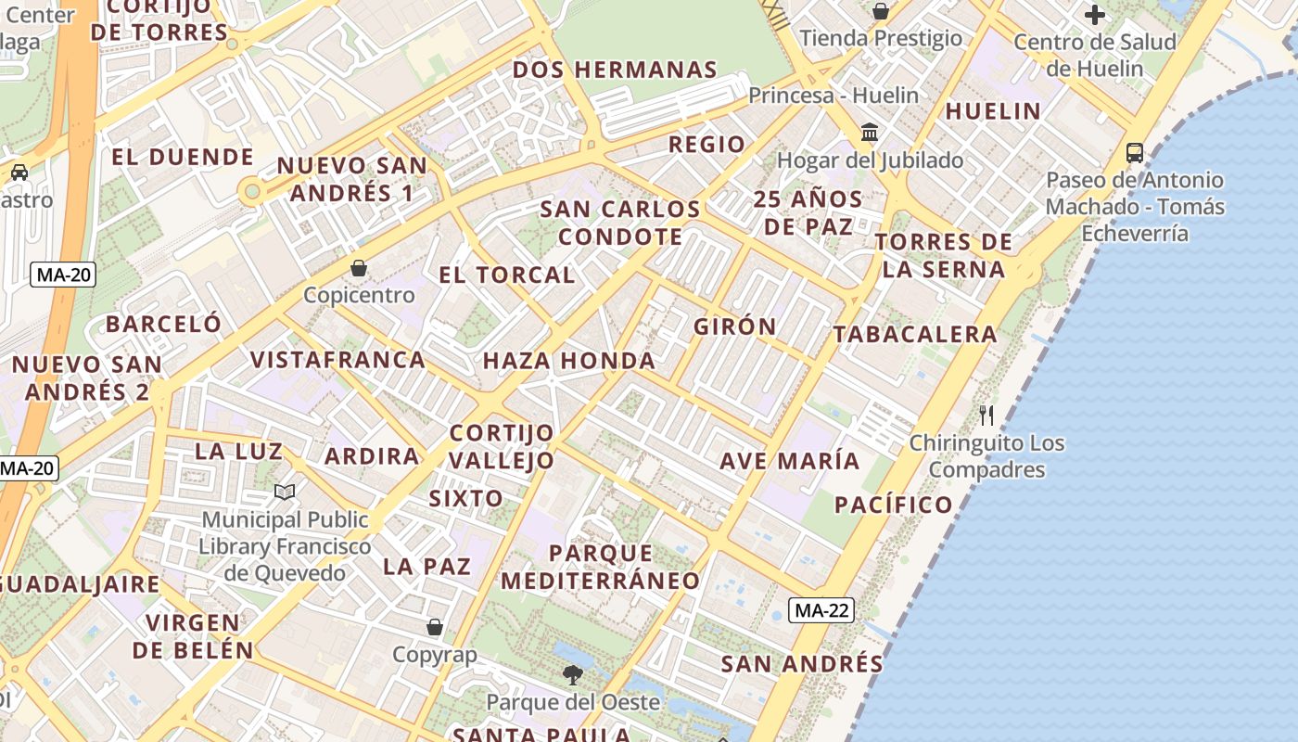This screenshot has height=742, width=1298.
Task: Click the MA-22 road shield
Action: click(822, 610)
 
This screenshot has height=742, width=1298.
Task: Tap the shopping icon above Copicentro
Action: click(359, 269)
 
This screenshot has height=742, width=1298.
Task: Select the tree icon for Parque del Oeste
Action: click(573, 674)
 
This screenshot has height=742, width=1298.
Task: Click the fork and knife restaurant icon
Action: click(986, 415)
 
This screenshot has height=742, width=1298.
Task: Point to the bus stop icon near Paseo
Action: click(1134, 152)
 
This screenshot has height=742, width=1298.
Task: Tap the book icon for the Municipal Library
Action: click(285, 492)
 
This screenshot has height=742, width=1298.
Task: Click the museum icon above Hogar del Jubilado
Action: click(870, 133)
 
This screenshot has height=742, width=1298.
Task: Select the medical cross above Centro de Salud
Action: click(1095, 15)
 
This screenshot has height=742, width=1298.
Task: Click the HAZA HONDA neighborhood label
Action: click(569, 361)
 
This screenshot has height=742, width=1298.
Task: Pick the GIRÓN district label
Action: click(735, 326)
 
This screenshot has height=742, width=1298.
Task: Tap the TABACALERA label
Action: click(915, 334)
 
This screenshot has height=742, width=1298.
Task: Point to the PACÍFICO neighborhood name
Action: click(894, 505)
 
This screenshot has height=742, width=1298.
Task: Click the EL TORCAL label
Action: click(507, 275)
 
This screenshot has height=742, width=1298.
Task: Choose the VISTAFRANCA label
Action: click(338, 359)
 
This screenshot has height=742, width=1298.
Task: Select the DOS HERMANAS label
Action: click(615, 70)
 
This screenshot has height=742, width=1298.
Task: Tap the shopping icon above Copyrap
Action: click(434, 628)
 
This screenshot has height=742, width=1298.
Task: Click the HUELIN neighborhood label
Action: click(993, 111)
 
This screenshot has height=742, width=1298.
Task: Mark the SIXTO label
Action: click(465, 498)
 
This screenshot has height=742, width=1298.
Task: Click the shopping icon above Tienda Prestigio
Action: click(881, 11)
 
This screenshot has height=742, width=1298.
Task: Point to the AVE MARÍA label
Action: click(790, 461)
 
